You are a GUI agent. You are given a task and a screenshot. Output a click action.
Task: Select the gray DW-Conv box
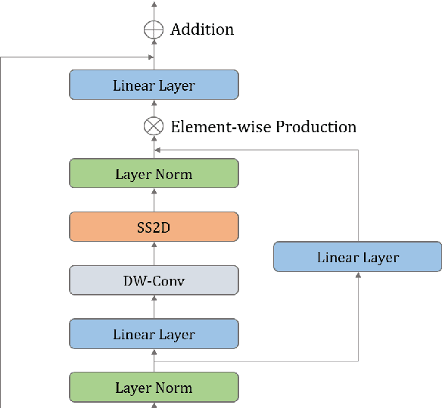(154, 281)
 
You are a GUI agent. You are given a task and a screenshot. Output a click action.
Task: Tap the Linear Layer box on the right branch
(357, 258)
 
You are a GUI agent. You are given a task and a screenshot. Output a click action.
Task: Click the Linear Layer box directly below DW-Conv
(154, 334)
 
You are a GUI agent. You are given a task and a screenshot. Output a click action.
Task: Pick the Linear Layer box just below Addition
(154, 85)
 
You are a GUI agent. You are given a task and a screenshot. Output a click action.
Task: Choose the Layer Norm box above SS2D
(154, 175)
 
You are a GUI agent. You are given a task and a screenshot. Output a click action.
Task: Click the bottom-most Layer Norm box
(154, 388)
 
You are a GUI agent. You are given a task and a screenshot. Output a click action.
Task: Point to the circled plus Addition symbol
(154, 30)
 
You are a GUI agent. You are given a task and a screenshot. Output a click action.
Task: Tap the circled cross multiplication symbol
(154, 127)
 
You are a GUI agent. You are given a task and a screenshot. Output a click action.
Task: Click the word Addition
(202, 30)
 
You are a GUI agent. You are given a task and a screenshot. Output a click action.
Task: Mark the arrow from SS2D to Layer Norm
(154, 200)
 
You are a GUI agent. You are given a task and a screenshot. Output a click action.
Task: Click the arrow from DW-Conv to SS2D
(154, 254)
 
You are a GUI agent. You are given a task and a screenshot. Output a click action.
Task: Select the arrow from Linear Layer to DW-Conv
(154, 308)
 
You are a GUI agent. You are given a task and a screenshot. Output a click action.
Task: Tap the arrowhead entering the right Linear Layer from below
(357, 275)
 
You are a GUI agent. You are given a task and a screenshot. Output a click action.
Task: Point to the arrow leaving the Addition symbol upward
(154, 9)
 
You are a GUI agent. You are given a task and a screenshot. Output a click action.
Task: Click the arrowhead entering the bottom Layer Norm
(154, 404)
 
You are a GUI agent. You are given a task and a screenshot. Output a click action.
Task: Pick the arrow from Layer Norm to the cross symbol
(154, 147)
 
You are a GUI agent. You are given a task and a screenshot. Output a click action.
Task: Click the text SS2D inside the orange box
(154, 227)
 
